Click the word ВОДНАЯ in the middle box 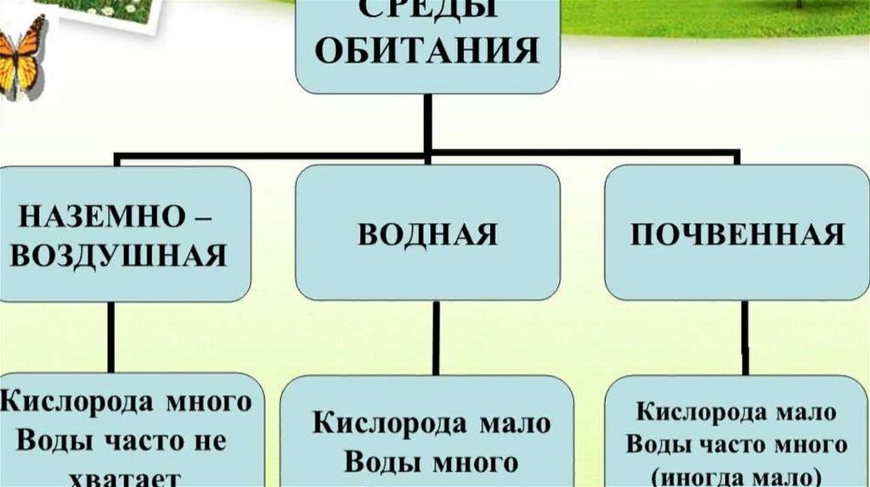(x=427, y=234)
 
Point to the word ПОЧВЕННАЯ (x=737, y=234)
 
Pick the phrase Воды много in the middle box (x=431, y=462)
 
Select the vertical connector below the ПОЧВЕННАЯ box (x=744, y=337)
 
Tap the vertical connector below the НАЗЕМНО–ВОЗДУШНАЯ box (x=111, y=337)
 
